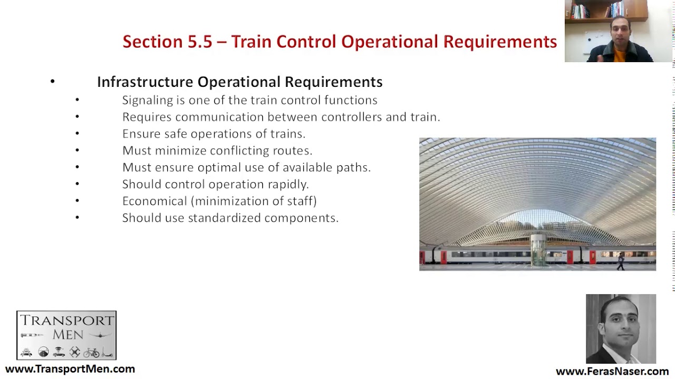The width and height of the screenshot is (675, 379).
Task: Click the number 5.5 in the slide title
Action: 200,42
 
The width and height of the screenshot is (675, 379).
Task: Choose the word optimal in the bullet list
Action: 216,167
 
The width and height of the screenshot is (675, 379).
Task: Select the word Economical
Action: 155,201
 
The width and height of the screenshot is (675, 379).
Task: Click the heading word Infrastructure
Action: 145,82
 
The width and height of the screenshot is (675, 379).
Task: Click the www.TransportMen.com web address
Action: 70,369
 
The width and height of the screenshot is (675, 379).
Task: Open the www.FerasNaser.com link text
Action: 612,372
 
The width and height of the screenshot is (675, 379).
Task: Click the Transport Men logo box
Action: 66,335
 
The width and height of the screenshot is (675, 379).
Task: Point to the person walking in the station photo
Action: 621,261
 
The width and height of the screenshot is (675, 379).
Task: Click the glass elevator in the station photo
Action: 538,250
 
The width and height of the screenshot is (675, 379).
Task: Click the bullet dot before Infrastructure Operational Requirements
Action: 53,82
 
